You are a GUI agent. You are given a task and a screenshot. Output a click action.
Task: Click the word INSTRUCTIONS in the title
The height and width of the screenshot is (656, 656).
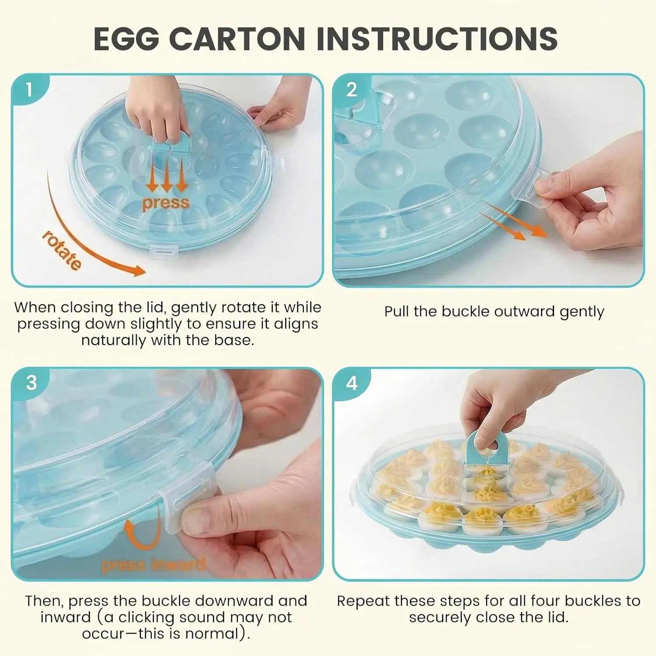point(437,38)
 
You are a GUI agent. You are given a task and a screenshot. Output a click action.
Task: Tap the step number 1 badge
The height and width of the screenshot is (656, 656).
point(29,90)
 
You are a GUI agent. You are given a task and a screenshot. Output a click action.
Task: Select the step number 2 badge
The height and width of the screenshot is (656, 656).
point(351,90)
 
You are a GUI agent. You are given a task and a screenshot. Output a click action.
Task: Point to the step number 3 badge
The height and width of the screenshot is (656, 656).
point(31,383)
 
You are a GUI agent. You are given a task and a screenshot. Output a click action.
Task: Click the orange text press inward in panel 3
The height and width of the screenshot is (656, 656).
point(153,565)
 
